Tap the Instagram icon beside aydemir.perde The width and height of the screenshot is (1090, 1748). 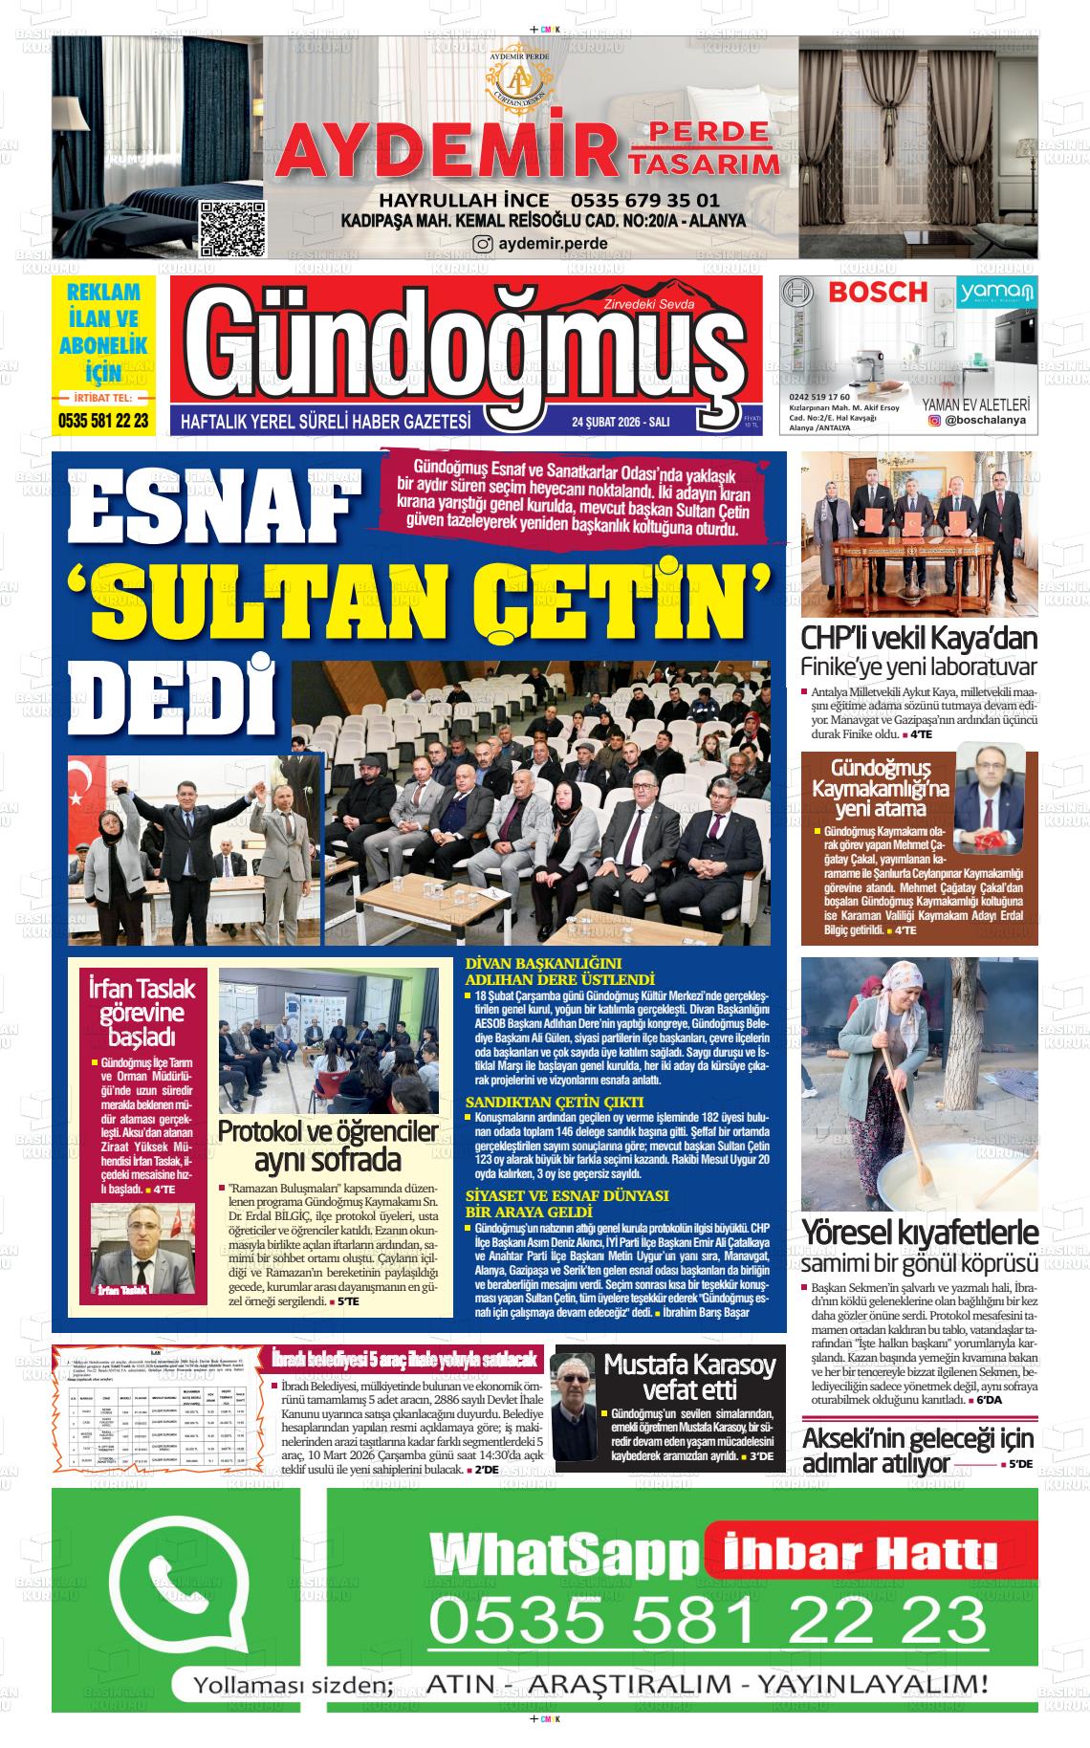(484, 244)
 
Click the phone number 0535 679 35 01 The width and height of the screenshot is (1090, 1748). (644, 201)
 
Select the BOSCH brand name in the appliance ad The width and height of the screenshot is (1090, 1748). (878, 293)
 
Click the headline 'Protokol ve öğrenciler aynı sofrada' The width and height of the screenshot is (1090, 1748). (328, 1147)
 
